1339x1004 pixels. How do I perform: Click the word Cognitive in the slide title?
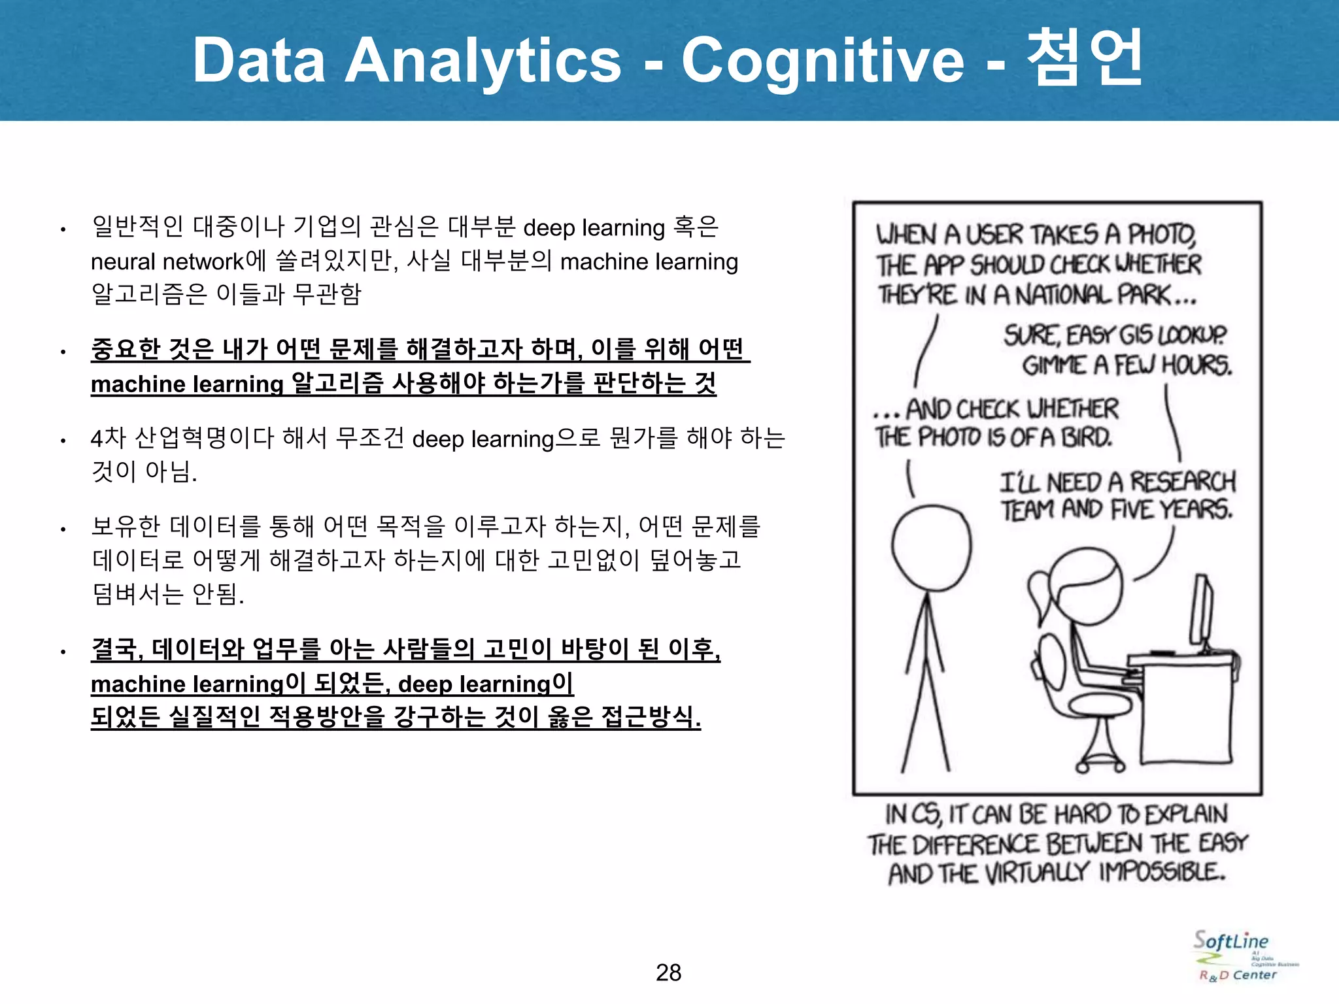point(822,60)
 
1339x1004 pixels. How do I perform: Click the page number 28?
point(668,973)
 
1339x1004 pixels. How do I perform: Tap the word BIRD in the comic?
point(1086,437)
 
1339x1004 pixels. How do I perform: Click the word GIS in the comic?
point(1136,335)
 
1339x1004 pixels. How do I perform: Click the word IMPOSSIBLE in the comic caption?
point(1162,872)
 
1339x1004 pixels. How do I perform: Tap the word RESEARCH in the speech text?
point(1183,482)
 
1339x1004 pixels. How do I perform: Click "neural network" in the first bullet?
point(167,262)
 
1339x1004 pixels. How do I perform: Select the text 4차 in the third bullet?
point(108,438)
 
